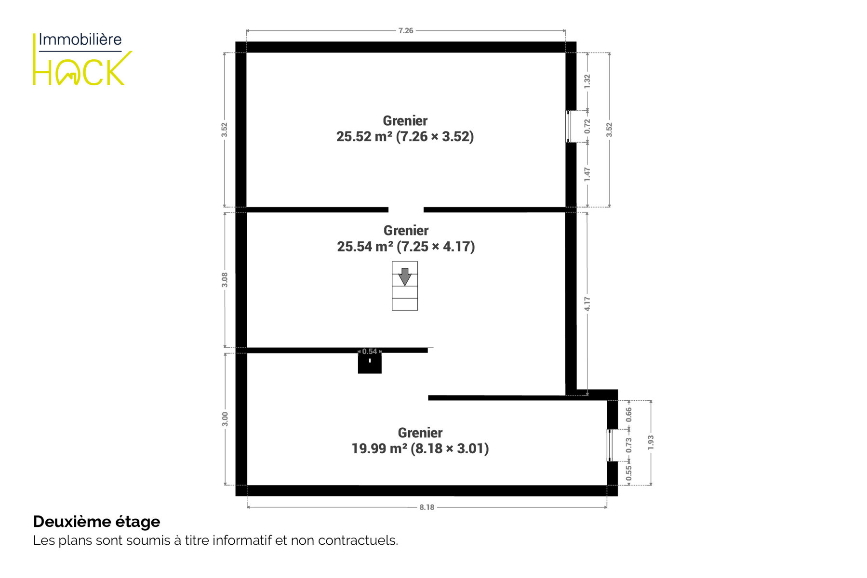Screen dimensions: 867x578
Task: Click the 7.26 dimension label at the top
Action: point(405,30)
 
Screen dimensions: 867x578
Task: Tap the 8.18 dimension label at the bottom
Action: point(427,507)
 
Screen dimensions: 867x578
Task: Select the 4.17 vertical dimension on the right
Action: point(587,303)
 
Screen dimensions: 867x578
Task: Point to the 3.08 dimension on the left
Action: point(224,280)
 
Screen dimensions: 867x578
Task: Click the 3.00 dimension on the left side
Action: point(225,419)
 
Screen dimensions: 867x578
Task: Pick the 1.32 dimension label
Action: point(587,81)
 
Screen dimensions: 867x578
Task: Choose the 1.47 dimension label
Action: point(587,174)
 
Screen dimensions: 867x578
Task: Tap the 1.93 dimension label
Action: point(651,443)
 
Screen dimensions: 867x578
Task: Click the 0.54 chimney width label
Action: point(370,352)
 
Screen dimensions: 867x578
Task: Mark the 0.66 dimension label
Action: point(628,415)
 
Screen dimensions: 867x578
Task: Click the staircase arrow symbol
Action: point(405,277)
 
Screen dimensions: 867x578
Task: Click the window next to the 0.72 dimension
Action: point(568,126)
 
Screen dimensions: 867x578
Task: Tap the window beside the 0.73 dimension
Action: point(610,445)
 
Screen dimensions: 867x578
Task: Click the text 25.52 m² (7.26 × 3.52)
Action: point(405,137)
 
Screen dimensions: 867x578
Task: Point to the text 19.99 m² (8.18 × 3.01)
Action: point(420,449)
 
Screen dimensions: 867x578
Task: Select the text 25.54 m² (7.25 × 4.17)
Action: point(406,247)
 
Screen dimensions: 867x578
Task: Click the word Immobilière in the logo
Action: point(80,39)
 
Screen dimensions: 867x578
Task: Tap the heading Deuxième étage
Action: point(96,522)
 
